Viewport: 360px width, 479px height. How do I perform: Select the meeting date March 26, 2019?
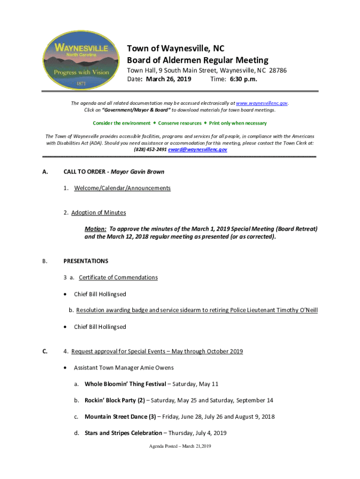click(168, 79)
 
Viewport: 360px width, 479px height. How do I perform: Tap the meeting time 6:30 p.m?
click(243, 79)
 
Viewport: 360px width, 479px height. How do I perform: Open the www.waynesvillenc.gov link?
click(261, 103)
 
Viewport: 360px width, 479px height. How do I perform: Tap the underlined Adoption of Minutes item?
click(98, 213)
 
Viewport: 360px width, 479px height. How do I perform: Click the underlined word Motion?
click(95, 229)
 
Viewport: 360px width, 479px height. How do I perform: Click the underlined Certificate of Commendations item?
click(118, 277)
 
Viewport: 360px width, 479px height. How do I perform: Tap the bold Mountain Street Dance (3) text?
click(120, 417)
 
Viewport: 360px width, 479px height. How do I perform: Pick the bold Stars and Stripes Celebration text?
click(123, 433)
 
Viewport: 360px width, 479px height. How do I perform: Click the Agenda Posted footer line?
click(180, 446)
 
